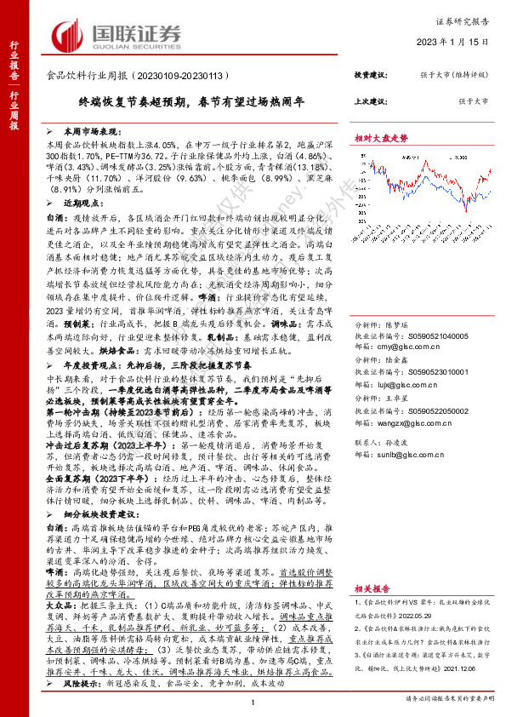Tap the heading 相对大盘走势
coord(381,137)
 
